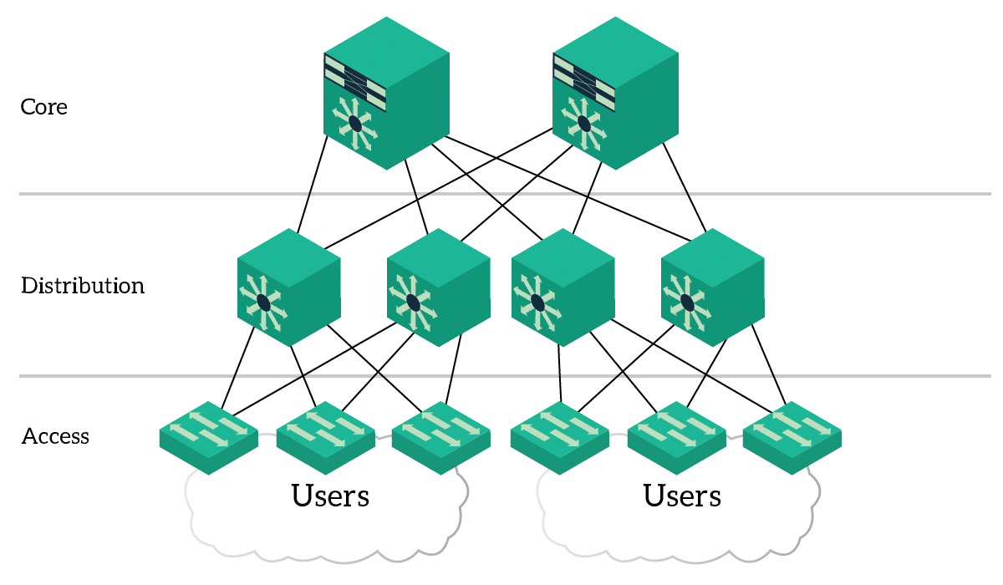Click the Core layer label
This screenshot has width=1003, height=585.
point(43,107)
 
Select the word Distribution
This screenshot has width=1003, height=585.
point(83,286)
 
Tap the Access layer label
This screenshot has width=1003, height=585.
point(55,436)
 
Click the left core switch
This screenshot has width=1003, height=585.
point(386,92)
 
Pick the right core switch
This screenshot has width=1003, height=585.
point(615,92)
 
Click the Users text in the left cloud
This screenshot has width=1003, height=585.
point(330,496)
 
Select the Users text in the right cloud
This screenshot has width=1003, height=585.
point(682,496)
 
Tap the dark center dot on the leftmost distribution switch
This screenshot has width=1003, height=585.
point(263,302)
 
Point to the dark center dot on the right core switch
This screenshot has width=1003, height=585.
point(584,124)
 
